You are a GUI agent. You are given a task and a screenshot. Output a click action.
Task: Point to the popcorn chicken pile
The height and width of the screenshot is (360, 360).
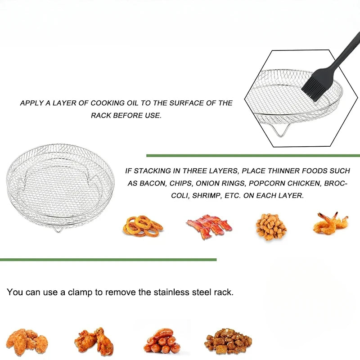click(x=271, y=226)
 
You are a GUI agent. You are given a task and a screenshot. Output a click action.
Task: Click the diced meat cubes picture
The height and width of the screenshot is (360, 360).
click(x=228, y=342)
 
